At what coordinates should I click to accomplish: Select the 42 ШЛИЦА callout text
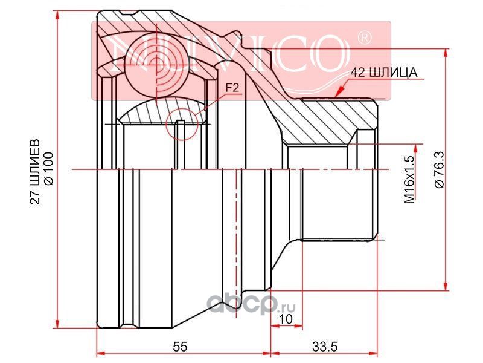pyautogui.click(x=385, y=73)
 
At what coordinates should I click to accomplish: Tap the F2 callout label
pyautogui.click(x=232, y=88)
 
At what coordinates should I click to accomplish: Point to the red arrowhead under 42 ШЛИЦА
pyautogui.click(x=339, y=92)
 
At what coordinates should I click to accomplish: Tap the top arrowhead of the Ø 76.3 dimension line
pyautogui.click(x=446, y=52)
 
